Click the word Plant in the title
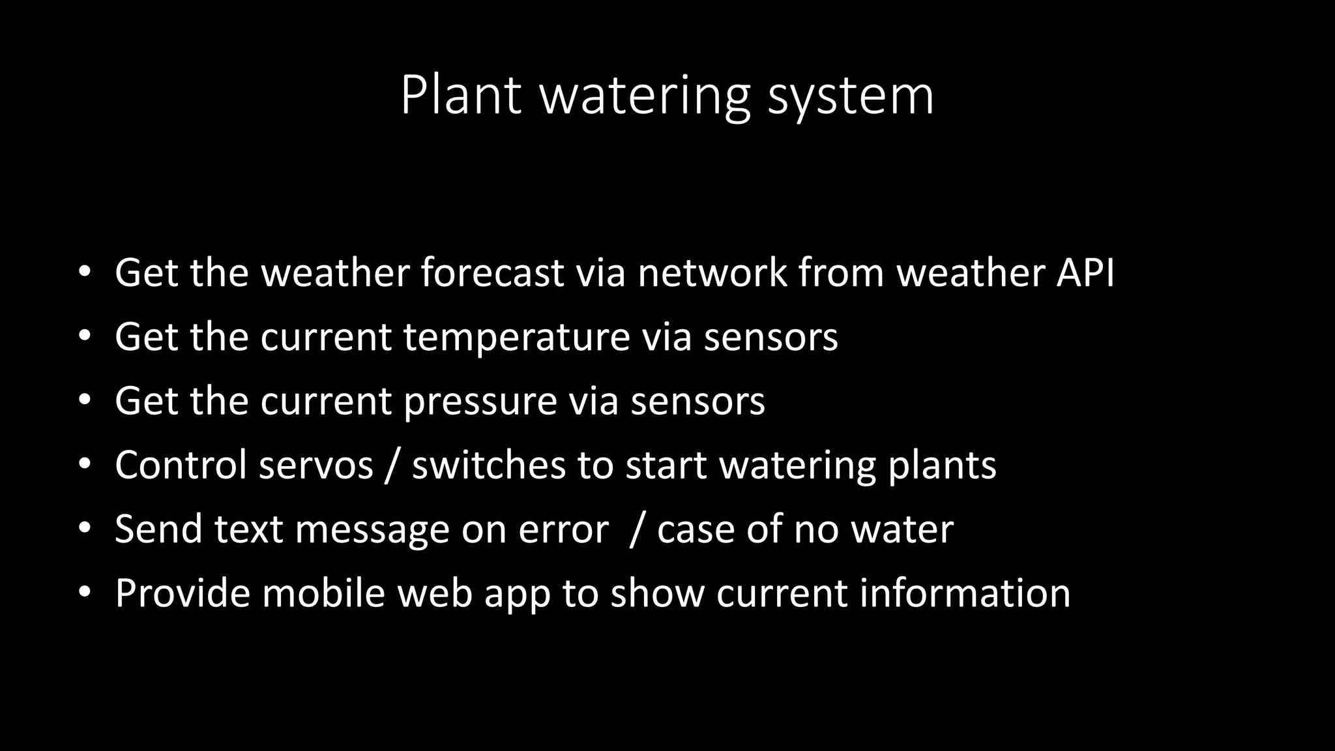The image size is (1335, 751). point(460,96)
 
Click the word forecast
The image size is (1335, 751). point(492,272)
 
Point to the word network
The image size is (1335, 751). point(712,272)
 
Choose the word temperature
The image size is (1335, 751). point(516,338)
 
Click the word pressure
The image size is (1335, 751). point(480,402)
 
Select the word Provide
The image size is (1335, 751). point(183,593)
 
